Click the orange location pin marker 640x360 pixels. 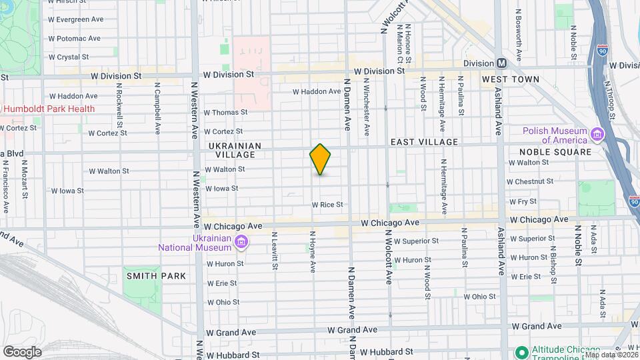(321, 159)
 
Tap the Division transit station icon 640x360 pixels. (502, 63)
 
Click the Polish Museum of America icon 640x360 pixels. (597, 136)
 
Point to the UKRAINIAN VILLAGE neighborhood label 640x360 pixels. (231, 150)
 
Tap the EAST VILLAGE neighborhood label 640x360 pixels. (424, 142)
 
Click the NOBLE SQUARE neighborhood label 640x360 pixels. (555, 152)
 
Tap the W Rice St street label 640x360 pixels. (327, 205)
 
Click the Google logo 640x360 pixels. (22, 352)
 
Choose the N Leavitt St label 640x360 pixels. (274, 251)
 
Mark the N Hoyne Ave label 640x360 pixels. (313, 252)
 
